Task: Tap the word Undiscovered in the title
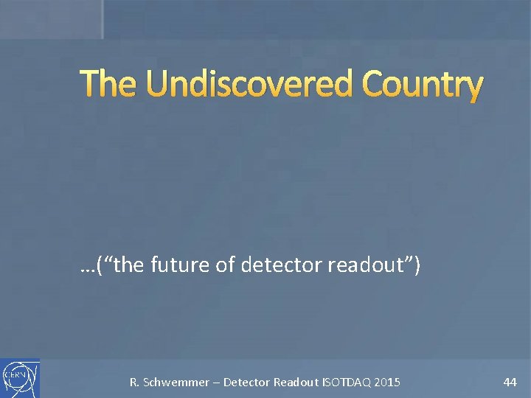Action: point(249,85)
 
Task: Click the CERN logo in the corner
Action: point(20,378)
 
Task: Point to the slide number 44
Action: point(510,382)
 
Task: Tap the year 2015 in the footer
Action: point(388,383)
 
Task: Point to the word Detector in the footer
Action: point(247,383)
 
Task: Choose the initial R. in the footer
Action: point(134,383)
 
